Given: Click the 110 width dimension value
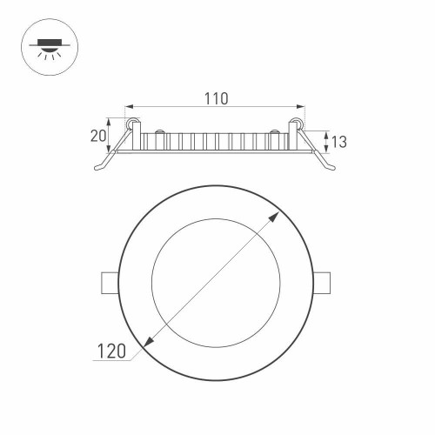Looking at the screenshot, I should click(x=216, y=98).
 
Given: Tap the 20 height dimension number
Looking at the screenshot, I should click(x=97, y=136).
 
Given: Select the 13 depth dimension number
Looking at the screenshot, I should click(x=338, y=142).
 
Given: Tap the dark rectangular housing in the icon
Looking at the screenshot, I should click(x=44, y=39).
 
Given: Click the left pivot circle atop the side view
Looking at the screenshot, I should click(x=134, y=124).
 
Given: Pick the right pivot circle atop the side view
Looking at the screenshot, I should click(x=297, y=124).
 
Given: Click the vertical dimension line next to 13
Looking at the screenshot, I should click(x=325, y=141).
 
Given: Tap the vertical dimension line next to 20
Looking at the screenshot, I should click(x=110, y=136).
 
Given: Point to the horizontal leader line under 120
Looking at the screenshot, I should click(x=117, y=360).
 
